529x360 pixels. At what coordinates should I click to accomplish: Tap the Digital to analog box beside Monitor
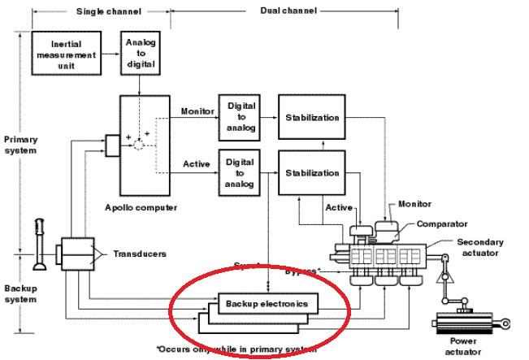[240, 117]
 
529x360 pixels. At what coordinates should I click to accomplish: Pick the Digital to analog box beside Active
[240, 172]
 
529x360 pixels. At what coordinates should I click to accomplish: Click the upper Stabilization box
[311, 117]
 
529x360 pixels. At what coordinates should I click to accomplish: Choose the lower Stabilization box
[311, 172]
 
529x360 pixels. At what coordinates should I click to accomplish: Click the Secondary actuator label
[479, 247]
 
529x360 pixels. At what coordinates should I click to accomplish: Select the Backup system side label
[20, 294]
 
